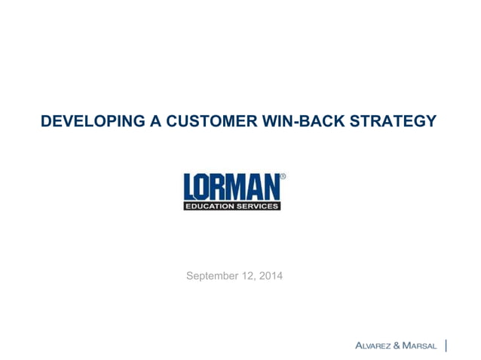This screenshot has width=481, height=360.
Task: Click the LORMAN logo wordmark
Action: pos(231,187)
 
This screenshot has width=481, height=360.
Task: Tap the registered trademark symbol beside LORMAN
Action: pos(283,177)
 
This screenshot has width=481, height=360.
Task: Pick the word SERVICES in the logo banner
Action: pos(258,206)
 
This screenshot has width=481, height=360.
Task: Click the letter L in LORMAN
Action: pos(191,187)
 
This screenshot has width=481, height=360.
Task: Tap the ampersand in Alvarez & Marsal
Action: pos(400,346)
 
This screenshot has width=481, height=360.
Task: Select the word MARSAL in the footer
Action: pos(422,346)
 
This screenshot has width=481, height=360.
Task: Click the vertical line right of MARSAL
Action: pos(448,346)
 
